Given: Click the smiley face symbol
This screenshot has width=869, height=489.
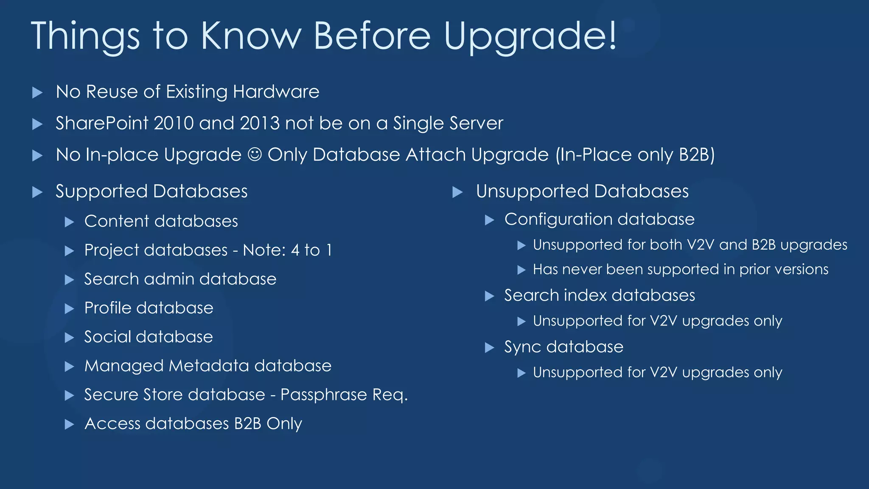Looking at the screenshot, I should click(x=255, y=155).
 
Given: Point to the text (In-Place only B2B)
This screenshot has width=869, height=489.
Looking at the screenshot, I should click(x=635, y=155).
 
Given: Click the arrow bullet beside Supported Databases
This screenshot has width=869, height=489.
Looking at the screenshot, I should click(x=37, y=192).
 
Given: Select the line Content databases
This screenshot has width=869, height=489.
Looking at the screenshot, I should click(x=161, y=221).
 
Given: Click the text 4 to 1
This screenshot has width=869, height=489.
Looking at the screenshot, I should click(x=311, y=250).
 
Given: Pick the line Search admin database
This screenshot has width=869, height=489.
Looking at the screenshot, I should click(x=180, y=279).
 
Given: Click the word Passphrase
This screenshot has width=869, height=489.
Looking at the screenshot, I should click(x=324, y=395).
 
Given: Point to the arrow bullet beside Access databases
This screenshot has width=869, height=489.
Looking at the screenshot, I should click(x=69, y=424).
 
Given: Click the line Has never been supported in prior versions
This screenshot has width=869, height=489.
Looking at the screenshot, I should click(x=680, y=270).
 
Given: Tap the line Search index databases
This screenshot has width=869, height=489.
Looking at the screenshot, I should click(x=599, y=295).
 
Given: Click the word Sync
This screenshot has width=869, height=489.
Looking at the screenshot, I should click(x=523, y=347).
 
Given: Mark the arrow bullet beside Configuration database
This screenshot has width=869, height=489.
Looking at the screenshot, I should click(x=490, y=220).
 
